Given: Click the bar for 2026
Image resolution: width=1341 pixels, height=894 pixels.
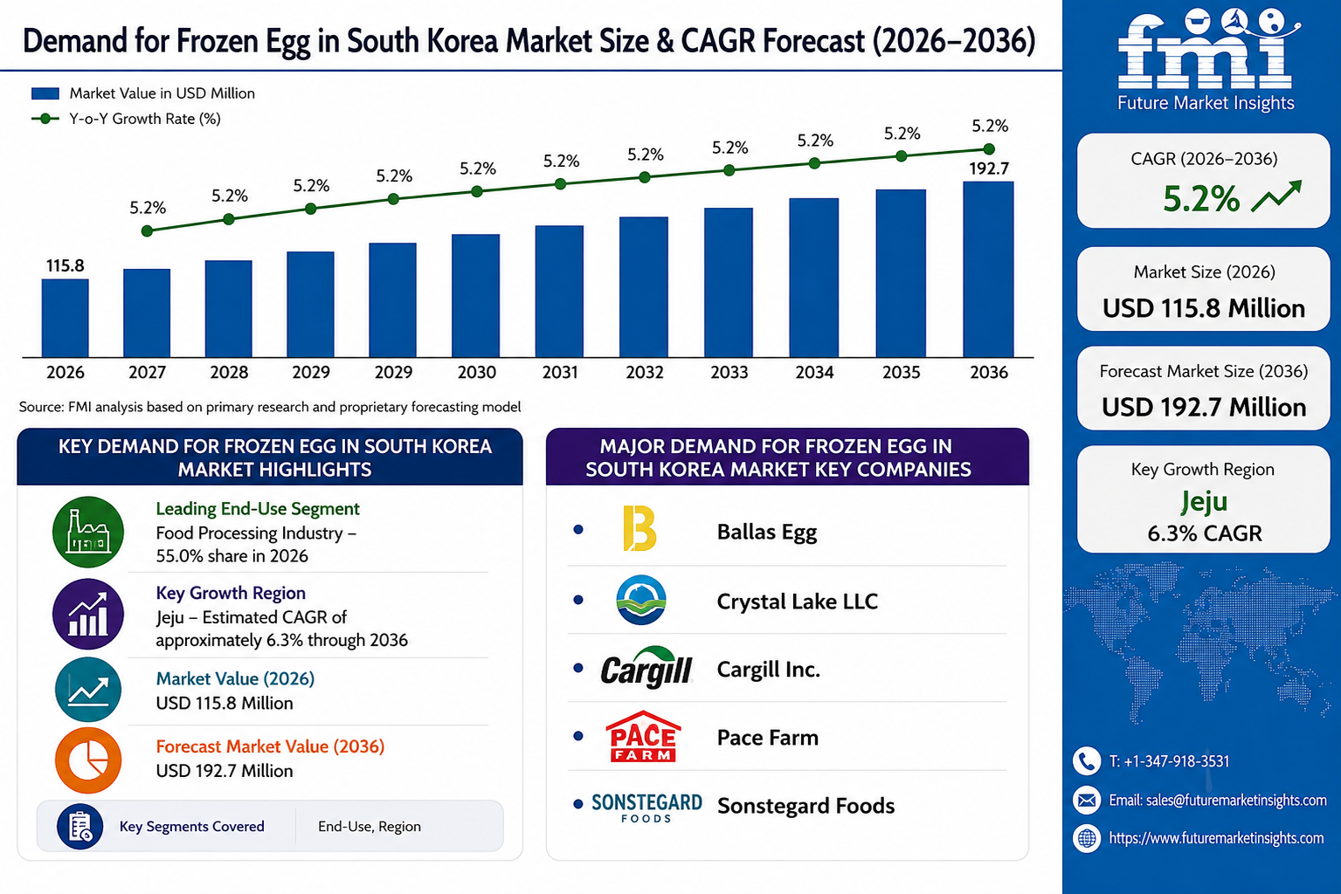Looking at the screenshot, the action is tap(66, 319).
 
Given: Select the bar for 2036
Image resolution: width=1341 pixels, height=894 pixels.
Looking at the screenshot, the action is tap(988, 269).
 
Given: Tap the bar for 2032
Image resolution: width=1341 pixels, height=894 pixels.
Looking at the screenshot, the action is tap(644, 287).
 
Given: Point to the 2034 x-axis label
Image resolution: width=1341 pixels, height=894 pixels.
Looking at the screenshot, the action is tap(814, 372).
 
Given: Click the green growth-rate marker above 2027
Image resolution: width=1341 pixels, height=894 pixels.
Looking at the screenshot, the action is tap(148, 231).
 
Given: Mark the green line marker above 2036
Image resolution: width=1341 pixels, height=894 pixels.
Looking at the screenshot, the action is tap(989, 149).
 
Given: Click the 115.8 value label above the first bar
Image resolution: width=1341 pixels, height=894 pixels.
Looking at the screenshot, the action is tap(66, 265).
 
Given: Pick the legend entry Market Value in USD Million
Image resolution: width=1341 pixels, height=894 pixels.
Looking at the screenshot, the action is tap(143, 93).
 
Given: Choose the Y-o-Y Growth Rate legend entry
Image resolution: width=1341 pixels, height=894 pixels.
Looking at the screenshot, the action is tap(127, 119).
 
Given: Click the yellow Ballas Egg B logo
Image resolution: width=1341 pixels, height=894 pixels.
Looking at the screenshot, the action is tap(639, 528).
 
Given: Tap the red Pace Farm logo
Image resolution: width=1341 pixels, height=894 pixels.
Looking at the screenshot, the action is tap(643, 736).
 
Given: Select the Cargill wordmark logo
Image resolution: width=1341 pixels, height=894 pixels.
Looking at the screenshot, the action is tap(646, 667).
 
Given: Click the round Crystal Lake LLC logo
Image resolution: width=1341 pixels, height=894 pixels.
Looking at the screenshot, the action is tap(640, 600).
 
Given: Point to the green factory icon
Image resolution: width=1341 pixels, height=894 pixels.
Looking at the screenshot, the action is tap(88, 532).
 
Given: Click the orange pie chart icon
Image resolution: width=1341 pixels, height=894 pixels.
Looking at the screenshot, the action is tap(88, 760).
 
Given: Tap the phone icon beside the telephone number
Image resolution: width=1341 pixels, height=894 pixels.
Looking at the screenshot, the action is tap(1087, 761).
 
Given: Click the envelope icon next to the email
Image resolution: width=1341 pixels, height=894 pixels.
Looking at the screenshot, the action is tap(1087, 800).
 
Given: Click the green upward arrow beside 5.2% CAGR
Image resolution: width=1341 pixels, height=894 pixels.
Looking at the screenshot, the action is tap(1275, 196).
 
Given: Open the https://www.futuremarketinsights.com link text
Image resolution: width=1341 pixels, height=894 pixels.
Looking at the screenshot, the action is tap(1216, 838).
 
